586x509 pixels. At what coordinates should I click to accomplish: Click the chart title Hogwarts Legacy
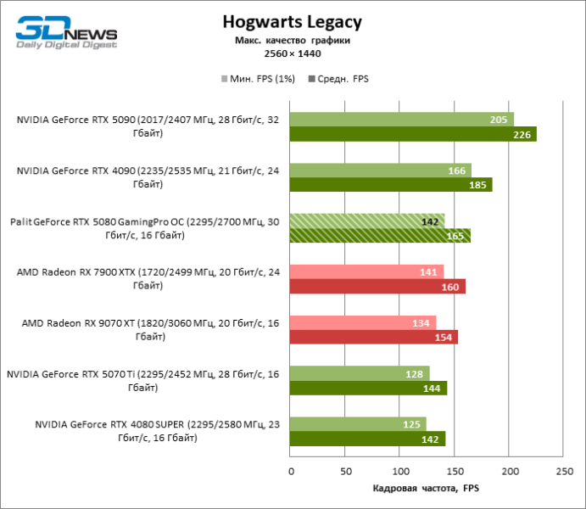pyautogui.click(x=292, y=21)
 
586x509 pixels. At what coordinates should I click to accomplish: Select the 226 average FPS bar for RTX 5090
pyautogui.click(x=413, y=134)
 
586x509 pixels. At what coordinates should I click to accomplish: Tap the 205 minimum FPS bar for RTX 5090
pyautogui.click(x=401, y=120)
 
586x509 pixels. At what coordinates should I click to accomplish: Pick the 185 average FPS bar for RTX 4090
pyautogui.click(x=391, y=185)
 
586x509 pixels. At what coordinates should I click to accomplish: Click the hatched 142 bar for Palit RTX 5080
pyautogui.click(x=366, y=221)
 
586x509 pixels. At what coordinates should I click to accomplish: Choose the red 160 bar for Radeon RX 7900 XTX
pyautogui.click(x=377, y=287)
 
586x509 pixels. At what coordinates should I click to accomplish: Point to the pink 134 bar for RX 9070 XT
pyautogui.click(x=363, y=322)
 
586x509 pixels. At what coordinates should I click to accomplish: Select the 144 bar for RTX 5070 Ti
pyautogui.click(x=368, y=388)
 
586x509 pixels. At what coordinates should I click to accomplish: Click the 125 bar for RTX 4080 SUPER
pyautogui.click(x=358, y=423)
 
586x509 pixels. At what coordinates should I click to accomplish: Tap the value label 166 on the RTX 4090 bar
pyautogui.click(x=456, y=171)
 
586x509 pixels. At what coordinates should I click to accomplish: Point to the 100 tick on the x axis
pyautogui.click(x=399, y=470)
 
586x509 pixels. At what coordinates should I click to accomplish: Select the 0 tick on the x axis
pyautogui.click(x=290, y=470)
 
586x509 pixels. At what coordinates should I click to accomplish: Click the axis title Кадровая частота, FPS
pyautogui.click(x=427, y=489)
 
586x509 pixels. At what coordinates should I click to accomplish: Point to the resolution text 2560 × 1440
pyautogui.click(x=292, y=53)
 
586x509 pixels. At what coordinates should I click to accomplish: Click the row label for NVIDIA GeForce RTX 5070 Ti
pyautogui.click(x=143, y=380)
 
